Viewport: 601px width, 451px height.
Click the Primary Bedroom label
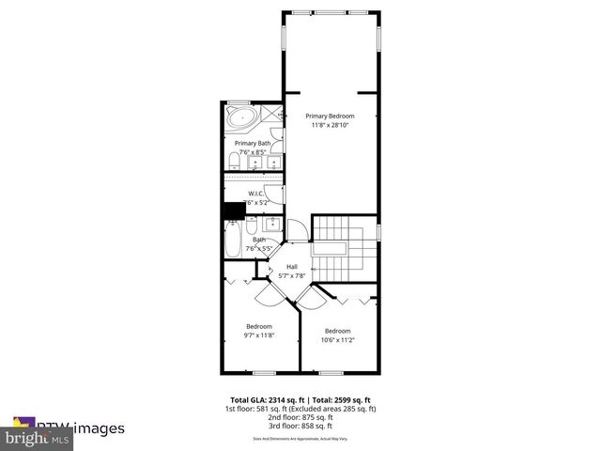click(330, 116)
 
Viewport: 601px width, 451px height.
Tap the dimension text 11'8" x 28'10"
click(330, 125)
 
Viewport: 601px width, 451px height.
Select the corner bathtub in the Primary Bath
click(241, 119)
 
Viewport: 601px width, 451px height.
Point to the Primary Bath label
click(253, 143)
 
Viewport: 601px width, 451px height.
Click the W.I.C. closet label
click(255, 194)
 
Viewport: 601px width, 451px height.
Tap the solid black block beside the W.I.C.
click(232, 211)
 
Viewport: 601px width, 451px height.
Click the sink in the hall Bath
click(271, 225)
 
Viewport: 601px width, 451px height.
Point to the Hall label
click(292, 267)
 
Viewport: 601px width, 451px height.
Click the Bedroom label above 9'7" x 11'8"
click(259, 326)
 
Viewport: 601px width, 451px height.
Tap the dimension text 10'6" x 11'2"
click(338, 341)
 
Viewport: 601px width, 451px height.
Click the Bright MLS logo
click(38, 438)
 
